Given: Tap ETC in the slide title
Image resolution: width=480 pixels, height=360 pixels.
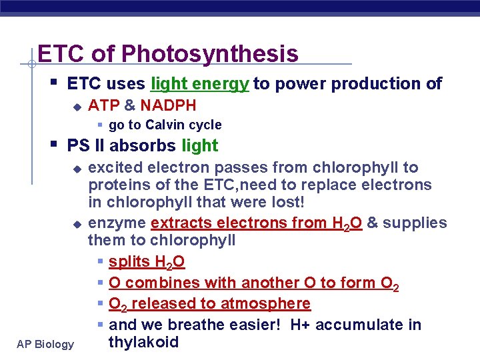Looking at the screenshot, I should click(x=61, y=53).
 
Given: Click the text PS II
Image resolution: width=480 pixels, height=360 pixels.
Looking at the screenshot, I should click(x=86, y=145).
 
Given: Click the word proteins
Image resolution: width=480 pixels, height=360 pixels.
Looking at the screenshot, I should click(x=115, y=185).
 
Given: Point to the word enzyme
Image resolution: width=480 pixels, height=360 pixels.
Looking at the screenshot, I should click(x=117, y=223).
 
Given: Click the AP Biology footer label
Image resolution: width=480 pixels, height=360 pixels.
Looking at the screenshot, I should click(x=45, y=344).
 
